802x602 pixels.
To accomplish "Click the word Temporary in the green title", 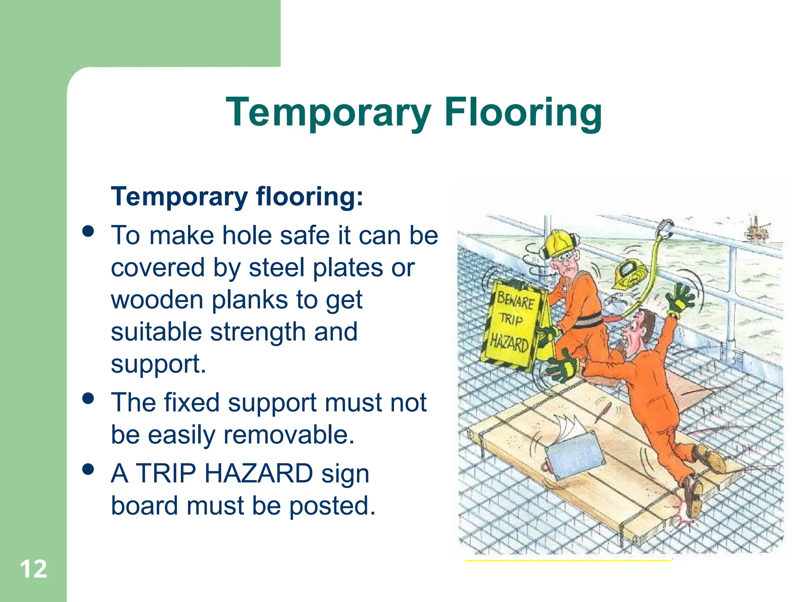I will tap(328, 112).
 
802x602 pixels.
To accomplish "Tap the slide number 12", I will tap(33, 569).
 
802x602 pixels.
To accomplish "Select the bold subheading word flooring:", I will tap(309, 196).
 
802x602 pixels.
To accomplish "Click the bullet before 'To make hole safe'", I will tap(89, 231).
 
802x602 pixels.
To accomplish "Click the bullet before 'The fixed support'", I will tap(89, 398).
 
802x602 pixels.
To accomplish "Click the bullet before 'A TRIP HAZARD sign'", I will tap(89, 469).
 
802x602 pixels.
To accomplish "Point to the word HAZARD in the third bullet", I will tap(258, 473).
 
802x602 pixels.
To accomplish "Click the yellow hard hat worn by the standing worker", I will tap(559, 243).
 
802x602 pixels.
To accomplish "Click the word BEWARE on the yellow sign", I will tap(516, 301).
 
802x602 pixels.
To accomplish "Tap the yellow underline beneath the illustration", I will tap(568, 561).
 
